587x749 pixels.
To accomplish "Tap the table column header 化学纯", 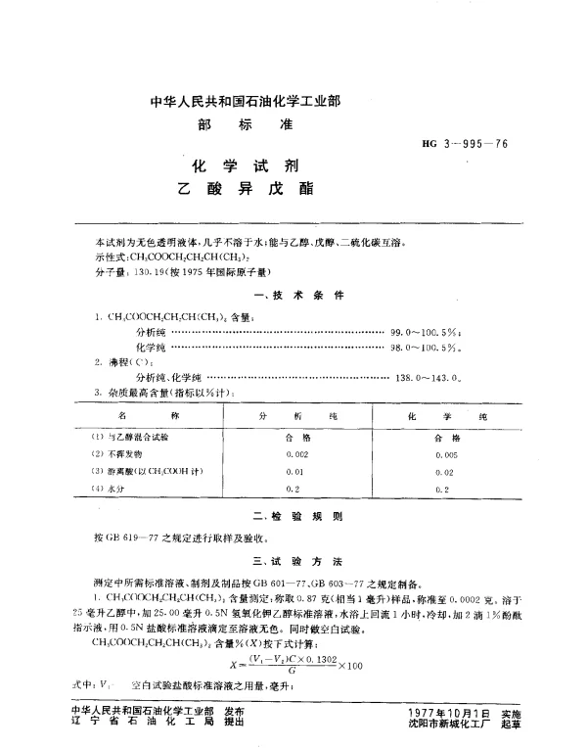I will tap(439, 415).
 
